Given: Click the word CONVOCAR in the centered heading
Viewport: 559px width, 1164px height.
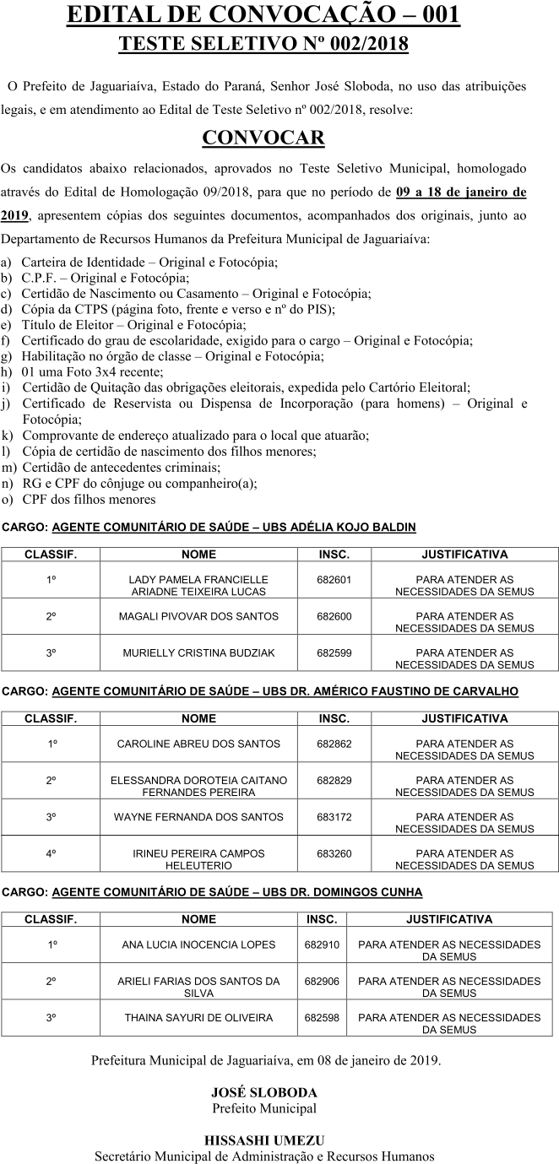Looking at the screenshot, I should click(263, 138).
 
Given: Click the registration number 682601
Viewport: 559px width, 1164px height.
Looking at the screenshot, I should click(334, 580).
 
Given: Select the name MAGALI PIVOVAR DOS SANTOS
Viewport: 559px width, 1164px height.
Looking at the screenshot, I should click(198, 616).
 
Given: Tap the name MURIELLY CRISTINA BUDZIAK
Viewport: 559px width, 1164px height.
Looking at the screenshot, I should click(198, 652).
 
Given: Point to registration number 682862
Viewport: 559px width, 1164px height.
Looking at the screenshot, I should click(334, 744).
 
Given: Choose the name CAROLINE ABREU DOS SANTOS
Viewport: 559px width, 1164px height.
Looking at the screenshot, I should click(198, 744).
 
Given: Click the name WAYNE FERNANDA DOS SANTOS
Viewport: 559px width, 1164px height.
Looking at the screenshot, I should click(198, 817).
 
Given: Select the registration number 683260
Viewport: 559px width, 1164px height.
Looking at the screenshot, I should click(334, 853).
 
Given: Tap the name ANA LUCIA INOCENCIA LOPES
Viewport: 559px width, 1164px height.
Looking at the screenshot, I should click(198, 945).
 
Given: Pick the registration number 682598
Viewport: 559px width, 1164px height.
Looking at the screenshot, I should click(322, 1018).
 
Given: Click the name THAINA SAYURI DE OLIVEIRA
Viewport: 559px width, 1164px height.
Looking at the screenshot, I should click(198, 1018).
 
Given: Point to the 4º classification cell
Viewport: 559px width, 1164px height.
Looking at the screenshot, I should click(51, 853).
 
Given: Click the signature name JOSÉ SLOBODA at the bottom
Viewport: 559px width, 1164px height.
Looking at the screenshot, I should click(263, 1092).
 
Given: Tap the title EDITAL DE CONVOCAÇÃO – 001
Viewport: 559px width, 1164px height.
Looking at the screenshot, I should click(263, 15).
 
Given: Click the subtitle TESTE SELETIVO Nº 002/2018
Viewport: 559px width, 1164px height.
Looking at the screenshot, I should click(263, 45).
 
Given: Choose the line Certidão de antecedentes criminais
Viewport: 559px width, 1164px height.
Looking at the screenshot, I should click(122, 468).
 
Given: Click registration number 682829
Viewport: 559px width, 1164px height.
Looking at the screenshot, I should click(334, 781).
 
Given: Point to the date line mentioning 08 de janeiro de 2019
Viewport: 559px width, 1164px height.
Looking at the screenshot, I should click(265, 1059).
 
